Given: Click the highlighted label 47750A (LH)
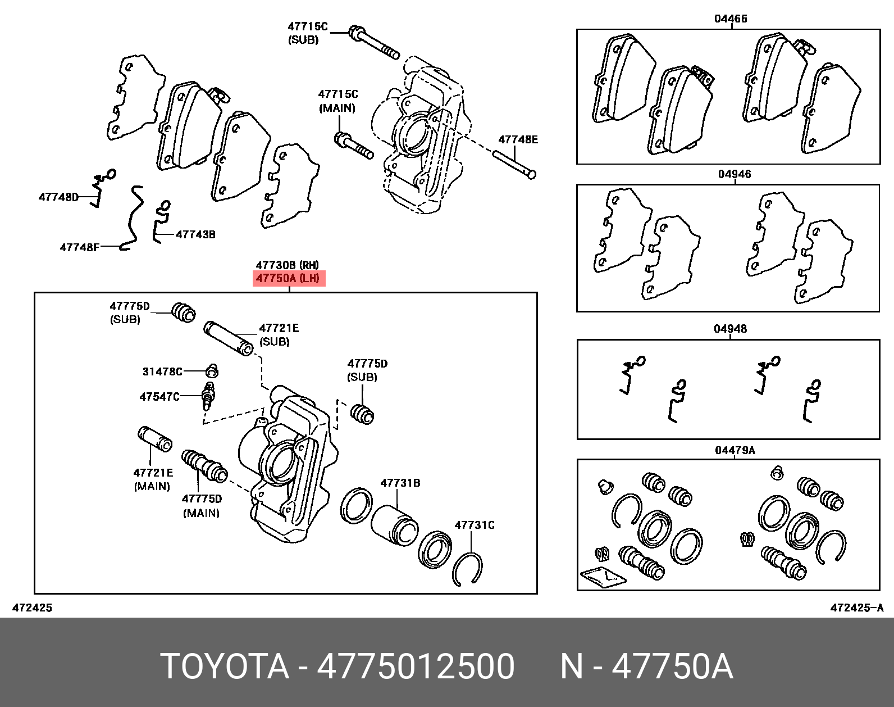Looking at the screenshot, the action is (289, 279).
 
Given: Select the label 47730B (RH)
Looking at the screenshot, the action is (288, 265).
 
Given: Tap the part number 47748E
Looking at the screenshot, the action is (518, 139).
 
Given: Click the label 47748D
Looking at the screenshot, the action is (58, 197).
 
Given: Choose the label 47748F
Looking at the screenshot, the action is (80, 247).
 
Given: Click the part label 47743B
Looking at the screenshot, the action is (195, 234).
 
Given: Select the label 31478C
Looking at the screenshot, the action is (162, 371).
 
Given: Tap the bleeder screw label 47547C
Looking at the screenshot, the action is (159, 397).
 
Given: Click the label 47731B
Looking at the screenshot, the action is (400, 483).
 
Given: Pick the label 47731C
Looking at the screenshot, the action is (475, 525).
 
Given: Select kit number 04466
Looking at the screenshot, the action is (731, 19).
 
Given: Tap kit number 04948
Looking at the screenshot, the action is (730, 329).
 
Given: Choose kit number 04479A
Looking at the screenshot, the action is (735, 450).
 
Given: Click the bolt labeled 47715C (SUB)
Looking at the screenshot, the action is (374, 42).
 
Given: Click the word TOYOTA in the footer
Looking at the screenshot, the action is (225, 667).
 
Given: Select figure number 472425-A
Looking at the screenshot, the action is (857, 608).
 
